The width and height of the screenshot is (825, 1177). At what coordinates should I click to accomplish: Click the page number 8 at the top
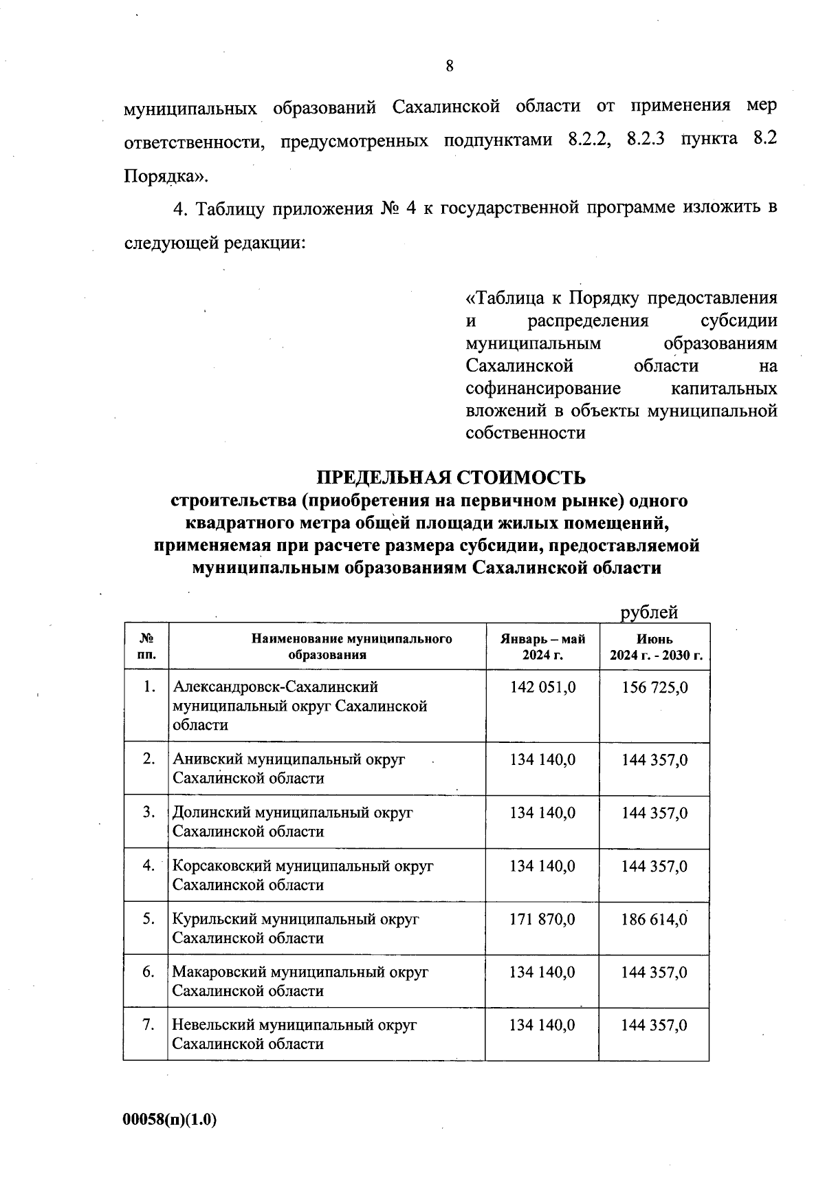click(x=450, y=66)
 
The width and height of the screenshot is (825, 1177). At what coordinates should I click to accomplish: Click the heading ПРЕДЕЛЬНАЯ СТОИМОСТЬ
click(x=451, y=477)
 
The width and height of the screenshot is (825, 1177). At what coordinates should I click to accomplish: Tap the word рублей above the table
click(x=649, y=612)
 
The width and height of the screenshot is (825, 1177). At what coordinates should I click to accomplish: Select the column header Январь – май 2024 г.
click(x=542, y=647)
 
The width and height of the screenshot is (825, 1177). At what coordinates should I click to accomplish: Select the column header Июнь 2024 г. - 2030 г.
click(x=655, y=647)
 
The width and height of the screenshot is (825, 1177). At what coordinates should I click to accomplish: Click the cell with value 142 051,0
click(x=542, y=687)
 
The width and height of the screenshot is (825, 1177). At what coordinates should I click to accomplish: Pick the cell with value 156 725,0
click(x=654, y=687)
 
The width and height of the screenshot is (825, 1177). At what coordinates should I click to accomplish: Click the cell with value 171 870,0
click(x=542, y=919)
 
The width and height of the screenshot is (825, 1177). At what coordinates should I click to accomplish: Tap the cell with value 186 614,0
click(x=654, y=919)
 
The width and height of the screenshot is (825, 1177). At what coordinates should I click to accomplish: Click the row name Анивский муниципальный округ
click(x=289, y=759)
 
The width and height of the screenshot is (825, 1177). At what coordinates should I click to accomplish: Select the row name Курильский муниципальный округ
click(x=296, y=919)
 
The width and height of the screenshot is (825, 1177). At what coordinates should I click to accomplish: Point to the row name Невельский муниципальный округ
click(x=294, y=1025)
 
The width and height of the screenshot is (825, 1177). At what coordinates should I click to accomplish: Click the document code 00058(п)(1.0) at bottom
click(x=170, y=1120)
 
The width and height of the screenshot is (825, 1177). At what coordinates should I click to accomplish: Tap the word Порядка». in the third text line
click(x=165, y=176)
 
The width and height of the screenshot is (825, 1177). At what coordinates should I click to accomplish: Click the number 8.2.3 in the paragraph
click(x=646, y=140)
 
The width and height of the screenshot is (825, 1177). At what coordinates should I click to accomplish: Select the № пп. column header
click(x=146, y=647)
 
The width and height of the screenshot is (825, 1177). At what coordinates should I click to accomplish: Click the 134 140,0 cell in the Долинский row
click(x=542, y=813)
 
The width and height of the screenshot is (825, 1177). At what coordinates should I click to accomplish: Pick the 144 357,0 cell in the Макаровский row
click(x=654, y=972)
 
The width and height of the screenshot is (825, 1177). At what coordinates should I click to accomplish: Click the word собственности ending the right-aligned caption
click(x=525, y=433)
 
